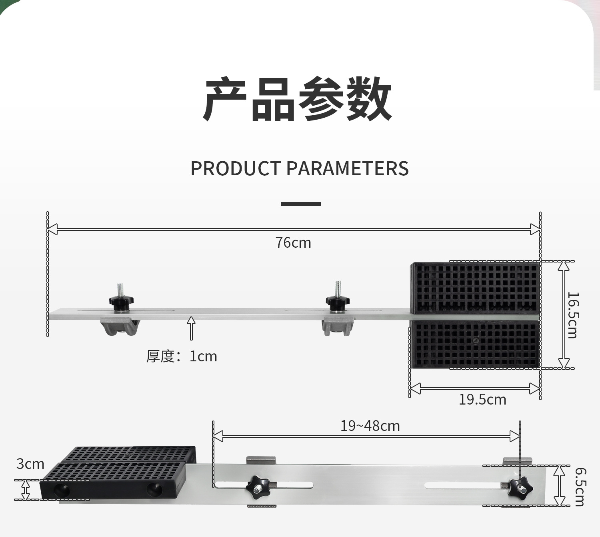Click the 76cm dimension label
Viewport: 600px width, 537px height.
click(x=293, y=243)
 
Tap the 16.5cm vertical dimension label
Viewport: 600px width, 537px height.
click(x=573, y=315)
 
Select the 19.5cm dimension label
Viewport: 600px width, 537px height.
click(x=482, y=399)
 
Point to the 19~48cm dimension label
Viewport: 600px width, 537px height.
click(x=370, y=426)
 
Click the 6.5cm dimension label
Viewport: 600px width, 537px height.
click(x=579, y=487)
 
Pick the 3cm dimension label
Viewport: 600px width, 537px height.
click(x=30, y=464)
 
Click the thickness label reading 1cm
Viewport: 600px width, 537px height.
click(x=182, y=356)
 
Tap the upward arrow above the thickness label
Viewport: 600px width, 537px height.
click(x=191, y=328)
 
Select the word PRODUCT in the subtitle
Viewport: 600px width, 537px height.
click(x=236, y=168)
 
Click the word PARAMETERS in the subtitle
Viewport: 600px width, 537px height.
click(x=348, y=168)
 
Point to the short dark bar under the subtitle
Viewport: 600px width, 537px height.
click(x=300, y=204)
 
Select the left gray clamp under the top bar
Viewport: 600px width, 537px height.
click(x=120, y=326)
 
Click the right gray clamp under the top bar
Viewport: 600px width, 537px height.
click(x=338, y=326)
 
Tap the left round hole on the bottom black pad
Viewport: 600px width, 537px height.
click(x=62, y=489)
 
